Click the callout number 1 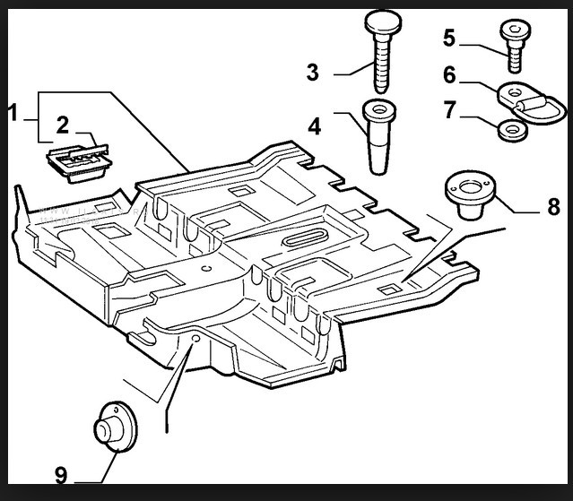[x=13, y=114]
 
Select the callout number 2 [x=62, y=125]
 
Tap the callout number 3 [x=313, y=73]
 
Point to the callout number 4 [x=314, y=125]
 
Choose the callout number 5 [x=449, y=38]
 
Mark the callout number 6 [x=449, y=75]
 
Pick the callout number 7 [x=449, y=110]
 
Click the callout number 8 [x=554, y=208]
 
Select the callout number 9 [x=62, y=474]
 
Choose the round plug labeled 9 [x=111, y=428]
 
